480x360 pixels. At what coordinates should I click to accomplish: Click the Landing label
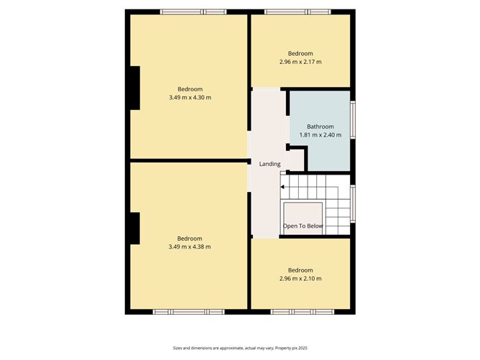coord(269,165)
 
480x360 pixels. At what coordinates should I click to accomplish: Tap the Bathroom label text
coord(320,126)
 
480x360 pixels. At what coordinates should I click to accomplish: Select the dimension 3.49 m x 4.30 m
coord(190,97)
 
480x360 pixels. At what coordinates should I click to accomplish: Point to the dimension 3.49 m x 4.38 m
coord(190,246)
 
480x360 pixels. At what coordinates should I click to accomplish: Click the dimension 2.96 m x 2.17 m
coord(300,62)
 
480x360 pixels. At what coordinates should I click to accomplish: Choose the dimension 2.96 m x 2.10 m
coord(300,279)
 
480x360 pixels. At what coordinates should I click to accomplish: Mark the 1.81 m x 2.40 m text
coord(320,134)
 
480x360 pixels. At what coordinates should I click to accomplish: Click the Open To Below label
coord(303,226)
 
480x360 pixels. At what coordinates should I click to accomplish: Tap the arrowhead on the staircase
coord(283,188)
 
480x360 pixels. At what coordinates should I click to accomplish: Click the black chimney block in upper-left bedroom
coord(133,88)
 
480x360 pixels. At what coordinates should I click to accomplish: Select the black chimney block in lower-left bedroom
coord(133,229)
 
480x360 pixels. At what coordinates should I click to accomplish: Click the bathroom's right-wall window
coord(353,116)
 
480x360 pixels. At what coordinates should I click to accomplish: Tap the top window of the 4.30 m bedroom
coord(193,11)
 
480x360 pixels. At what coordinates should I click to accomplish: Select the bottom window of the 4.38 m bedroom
coord(189,312)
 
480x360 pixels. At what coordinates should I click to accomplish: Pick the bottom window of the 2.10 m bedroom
coord(303,312)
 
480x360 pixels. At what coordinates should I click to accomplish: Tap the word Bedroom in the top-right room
coord(300,53)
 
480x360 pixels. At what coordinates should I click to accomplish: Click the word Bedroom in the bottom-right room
coord(300,270)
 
